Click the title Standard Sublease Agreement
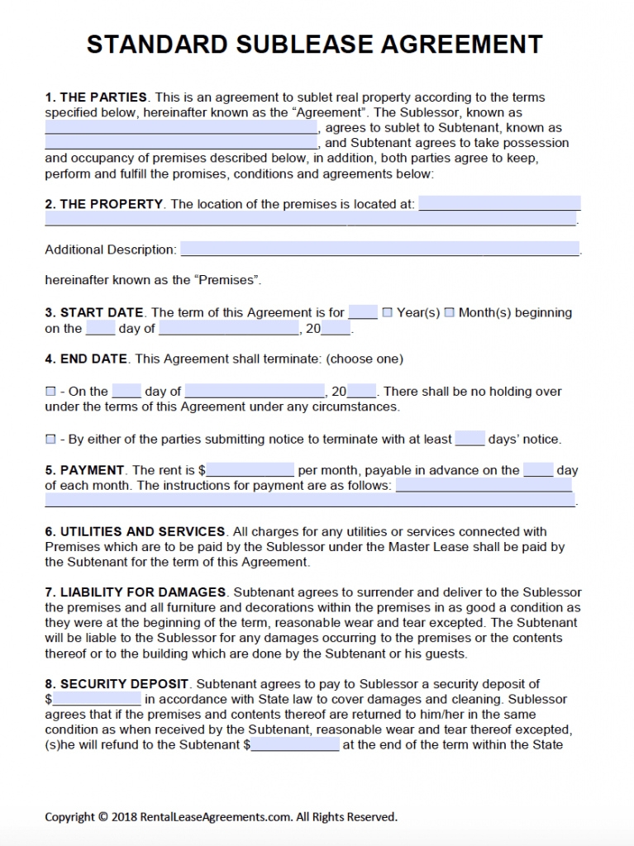point(315,44)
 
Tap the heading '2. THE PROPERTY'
point(104,204)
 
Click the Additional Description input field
point(379,250)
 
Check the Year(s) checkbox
point(388,312)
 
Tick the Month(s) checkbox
point(450,312)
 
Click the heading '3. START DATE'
point(94,312)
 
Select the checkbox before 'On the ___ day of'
point(50,392)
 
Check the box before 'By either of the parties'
point(50,440)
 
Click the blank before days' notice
point(470,439)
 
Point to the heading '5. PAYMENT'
point(85,470)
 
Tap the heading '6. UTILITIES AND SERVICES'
point(135,531)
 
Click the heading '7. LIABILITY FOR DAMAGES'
point(135,592)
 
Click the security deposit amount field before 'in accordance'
point(97,699)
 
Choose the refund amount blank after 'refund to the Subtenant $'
point(294,744)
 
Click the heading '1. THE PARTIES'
point(96,97)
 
